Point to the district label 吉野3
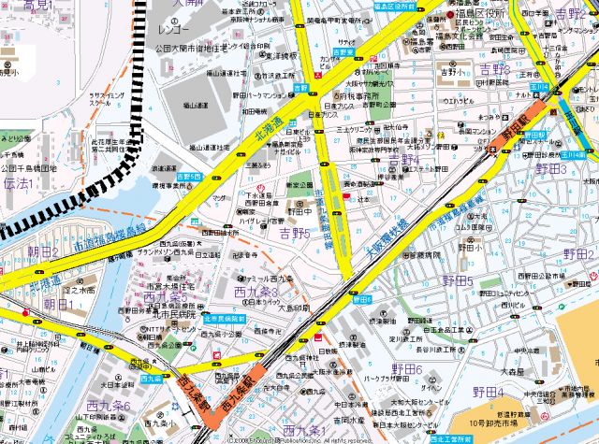[x=494, y=70]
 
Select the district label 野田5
[x=457, y=280]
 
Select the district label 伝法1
[x=18, y=183]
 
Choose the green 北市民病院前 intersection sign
[x=224, y=319]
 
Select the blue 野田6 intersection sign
[x=362, y=299]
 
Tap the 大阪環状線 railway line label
[x=385, y=239]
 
